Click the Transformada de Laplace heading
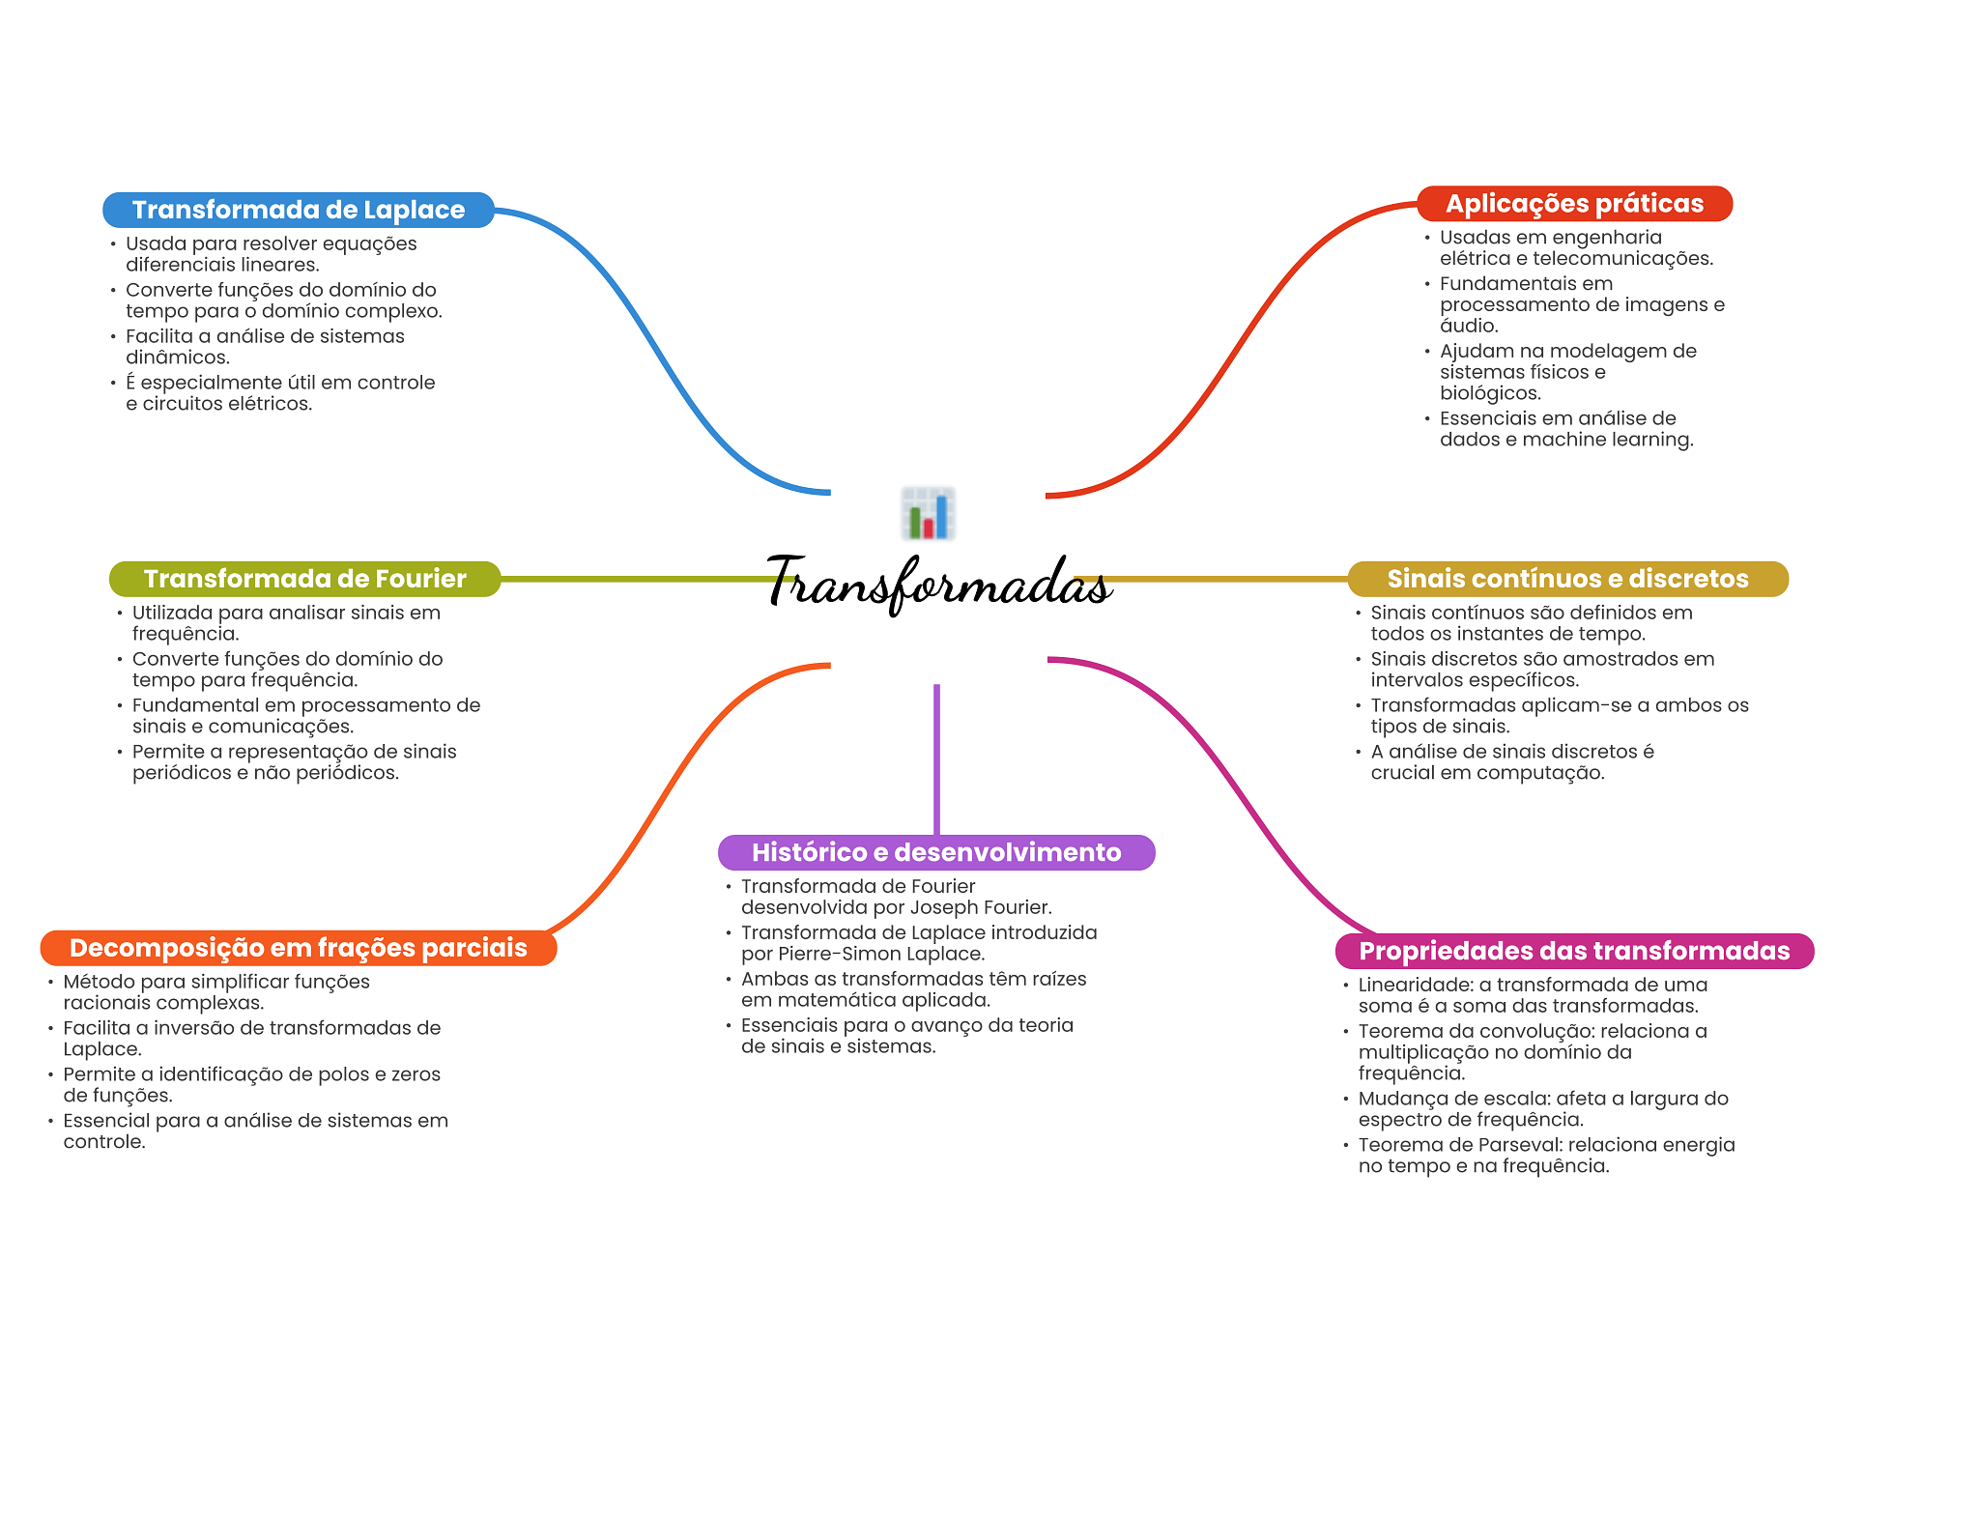[x=298, y=210]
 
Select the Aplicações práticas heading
[x=1574, y=204]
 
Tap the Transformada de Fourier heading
[x=304, y=579]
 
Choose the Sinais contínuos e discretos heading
[x=1567, y=579]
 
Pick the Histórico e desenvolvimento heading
[x=935, y=852]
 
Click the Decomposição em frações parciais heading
[x=298, y=948]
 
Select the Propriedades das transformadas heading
[x=1574, y=951]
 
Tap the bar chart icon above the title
[x=928, y=513]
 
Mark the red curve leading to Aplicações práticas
[x=1227, y=358]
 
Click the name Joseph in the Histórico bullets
[x=942, y=907]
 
